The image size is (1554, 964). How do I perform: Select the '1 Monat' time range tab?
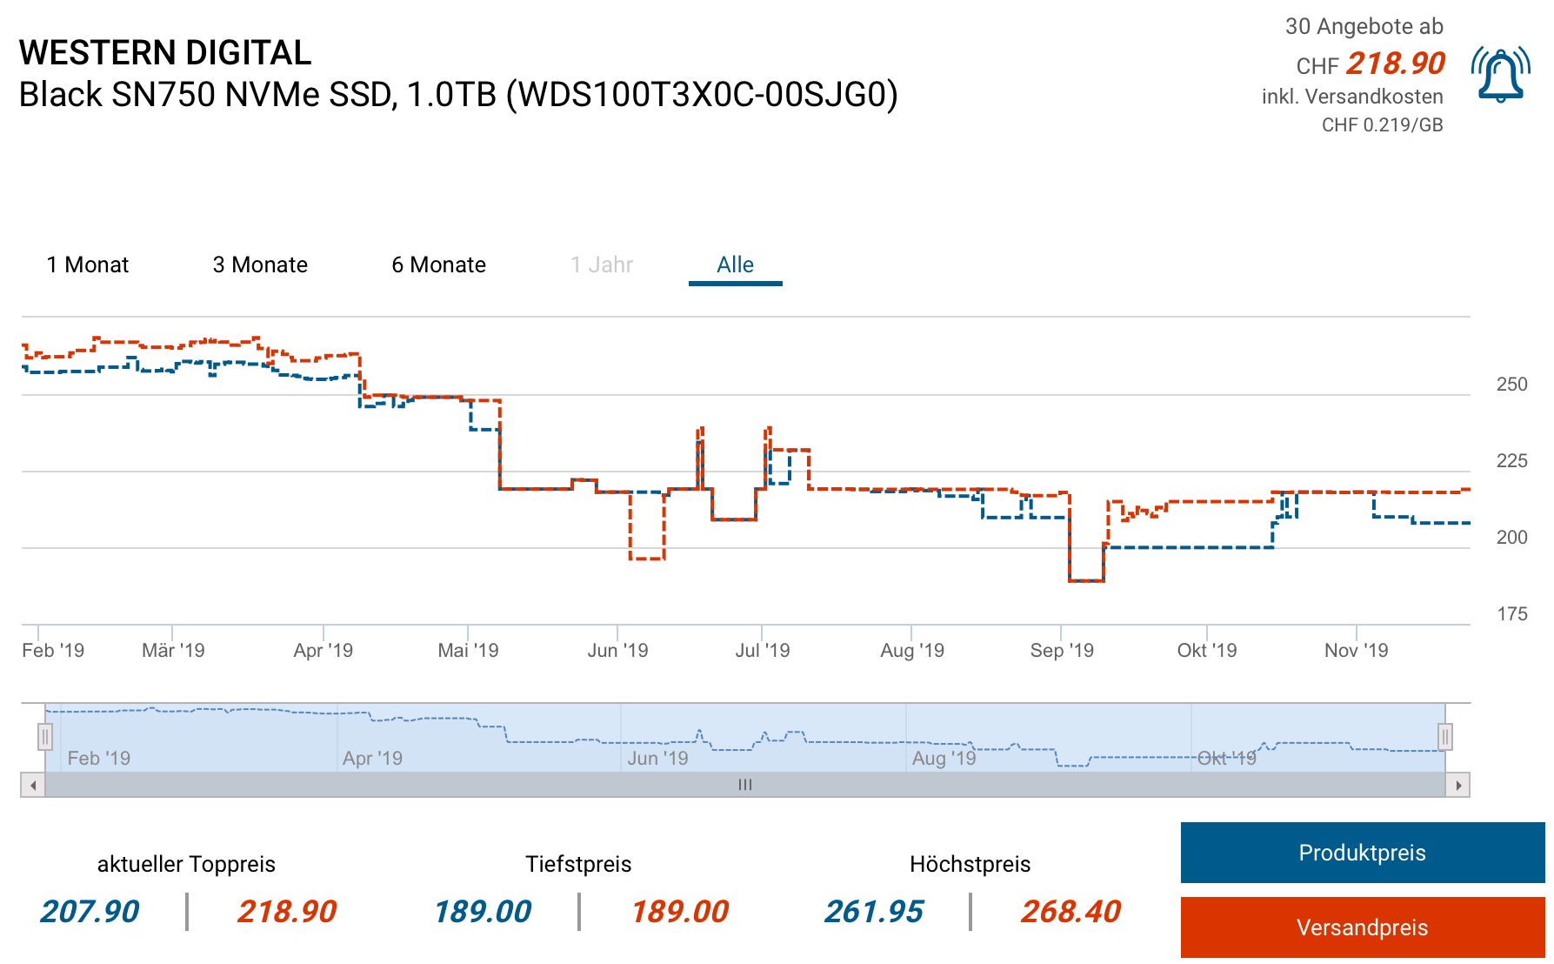(x=88, y=264)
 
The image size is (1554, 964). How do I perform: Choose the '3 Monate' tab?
(x=260, y=264)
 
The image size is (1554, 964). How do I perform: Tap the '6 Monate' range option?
(x=438, y=264)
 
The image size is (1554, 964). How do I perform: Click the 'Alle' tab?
(x=735, y=264)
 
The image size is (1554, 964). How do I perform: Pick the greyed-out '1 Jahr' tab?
(x=601, y=264)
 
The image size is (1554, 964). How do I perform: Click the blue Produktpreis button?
(x=1362, y=853)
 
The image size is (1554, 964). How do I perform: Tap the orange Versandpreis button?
(x=1362, y=927)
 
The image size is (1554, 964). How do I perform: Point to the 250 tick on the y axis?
(x=1511, y=385)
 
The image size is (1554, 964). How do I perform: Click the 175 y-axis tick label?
(x=1511, y=614)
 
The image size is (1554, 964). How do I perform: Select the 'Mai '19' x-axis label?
(x=468, y=650)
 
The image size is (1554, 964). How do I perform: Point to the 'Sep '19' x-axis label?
(x=1062, y=650)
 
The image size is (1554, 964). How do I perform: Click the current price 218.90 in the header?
(x=1395, y=64)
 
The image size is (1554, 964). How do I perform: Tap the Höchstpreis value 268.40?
(x=1070, y=911)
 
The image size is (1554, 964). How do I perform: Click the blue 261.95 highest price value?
(x=874, y=911)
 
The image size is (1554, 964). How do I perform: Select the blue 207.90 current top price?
(x=90, y=911)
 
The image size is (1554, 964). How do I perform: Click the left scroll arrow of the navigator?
(x=33, y=785)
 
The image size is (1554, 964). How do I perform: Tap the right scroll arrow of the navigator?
(x=1457, y=785)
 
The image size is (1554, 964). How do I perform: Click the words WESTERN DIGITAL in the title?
(x=165, y=53)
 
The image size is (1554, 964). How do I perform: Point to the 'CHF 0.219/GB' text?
(x=1382, y=125)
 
